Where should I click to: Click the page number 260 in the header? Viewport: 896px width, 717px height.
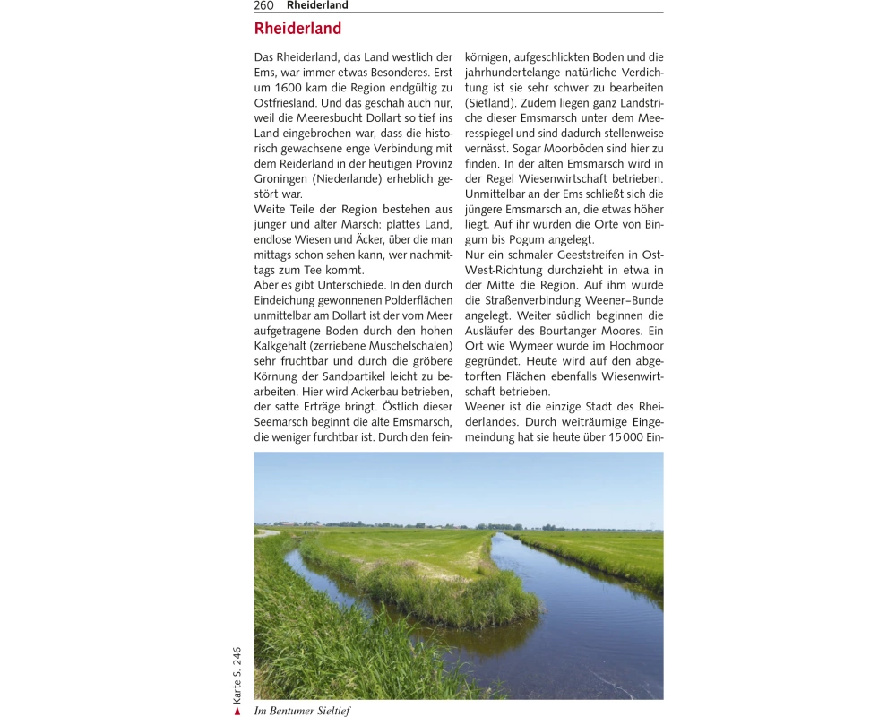pos(264,5)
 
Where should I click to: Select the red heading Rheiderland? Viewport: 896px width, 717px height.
pos(297,29)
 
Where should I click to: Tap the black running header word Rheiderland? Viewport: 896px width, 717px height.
pos(317,5)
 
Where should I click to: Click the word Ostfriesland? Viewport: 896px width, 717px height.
pos(286,103)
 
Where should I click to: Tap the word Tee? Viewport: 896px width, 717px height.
pos(329,271)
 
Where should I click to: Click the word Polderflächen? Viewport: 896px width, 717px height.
pos(414,301)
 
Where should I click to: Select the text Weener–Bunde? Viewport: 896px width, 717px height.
pos(623,301)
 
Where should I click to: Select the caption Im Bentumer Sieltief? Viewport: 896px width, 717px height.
pos(302,711)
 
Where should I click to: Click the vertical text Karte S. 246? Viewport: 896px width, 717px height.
pos(237,674)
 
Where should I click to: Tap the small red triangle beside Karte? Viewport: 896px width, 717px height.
pos(237,711)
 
